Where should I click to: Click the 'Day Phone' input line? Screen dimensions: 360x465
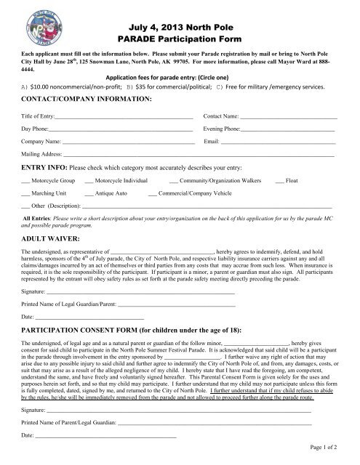tap(117, 129)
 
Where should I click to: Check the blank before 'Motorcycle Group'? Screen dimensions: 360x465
tap(26, 179)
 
